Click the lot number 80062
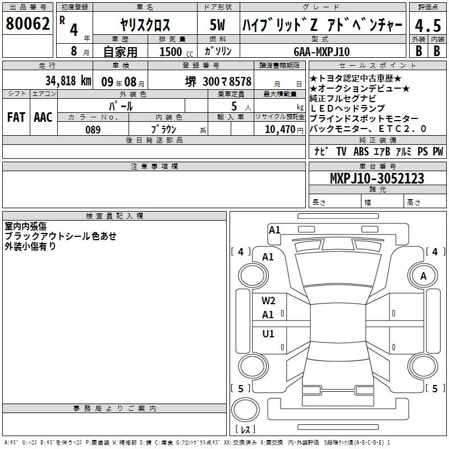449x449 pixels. pos(28,24)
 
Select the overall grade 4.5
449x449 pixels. pos(428,25)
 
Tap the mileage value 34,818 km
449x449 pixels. pos(68,81)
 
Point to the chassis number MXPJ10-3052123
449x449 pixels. pos(377,178)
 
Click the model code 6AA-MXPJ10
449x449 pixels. pos(322,52)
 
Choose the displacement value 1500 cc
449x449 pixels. pos(176,52)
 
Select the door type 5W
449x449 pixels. pos(217,25)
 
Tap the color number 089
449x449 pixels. pos(93,130)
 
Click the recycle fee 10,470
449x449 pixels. pos(280,130)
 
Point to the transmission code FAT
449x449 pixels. pos(16,117)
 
